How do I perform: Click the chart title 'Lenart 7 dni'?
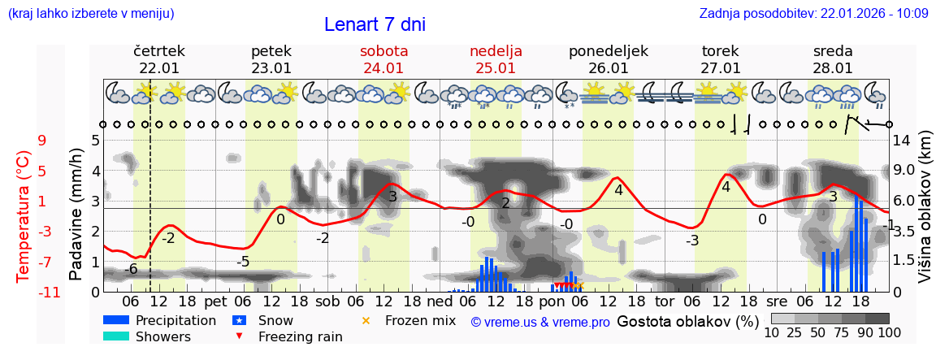(x=375, y=25)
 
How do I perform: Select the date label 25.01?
(x=496, y=68)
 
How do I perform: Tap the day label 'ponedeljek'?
(x=608, y=51)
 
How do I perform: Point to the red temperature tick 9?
(x=41, y=141)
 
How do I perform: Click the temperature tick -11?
(x=50, y=293)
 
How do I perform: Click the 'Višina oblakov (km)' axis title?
(x=925, y=215)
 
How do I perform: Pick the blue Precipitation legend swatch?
(x=116, y=320)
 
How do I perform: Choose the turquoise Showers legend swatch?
(x=116, y=336)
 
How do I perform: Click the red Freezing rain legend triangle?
(x=238, y=336)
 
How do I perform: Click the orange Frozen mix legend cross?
(x=366, y=320)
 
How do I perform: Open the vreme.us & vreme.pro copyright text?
(x=540, y=323)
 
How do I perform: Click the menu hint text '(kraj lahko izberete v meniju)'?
(x=91, y=14)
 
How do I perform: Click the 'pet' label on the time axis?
(x=215, y=301)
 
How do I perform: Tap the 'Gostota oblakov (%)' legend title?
(x=688, y=321)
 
